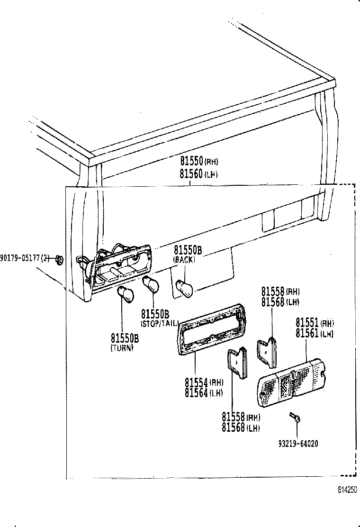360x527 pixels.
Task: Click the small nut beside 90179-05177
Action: coord(59,259)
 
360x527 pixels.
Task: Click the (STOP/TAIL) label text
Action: coord(159,324)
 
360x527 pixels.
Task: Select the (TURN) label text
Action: coord(122,348)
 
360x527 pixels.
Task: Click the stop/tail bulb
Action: coord(151,284)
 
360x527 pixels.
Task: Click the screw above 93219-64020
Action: coord(294,418)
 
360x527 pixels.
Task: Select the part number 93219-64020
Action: coord(297,444)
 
